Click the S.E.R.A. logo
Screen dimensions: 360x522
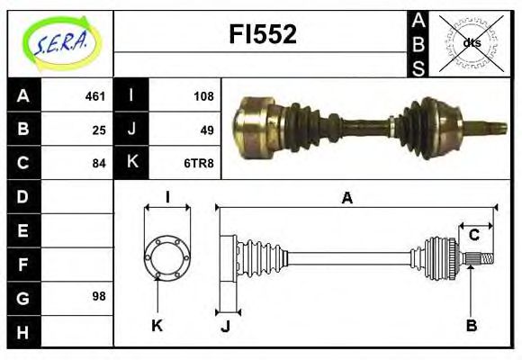60,42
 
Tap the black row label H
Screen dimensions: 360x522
22,331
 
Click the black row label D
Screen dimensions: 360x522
22,196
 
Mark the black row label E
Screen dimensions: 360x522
22,230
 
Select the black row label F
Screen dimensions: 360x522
22,264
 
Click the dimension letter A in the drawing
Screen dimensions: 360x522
346,198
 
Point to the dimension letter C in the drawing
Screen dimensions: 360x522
473,235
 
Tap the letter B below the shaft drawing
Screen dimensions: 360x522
471,325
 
